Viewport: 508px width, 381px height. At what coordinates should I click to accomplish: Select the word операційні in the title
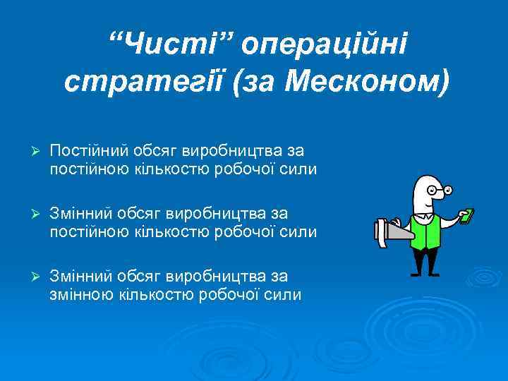323,44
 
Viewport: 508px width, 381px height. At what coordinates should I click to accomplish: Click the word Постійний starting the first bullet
90,151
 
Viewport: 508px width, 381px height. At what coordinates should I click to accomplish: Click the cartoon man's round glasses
441,191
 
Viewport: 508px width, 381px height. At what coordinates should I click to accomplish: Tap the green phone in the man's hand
466,215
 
